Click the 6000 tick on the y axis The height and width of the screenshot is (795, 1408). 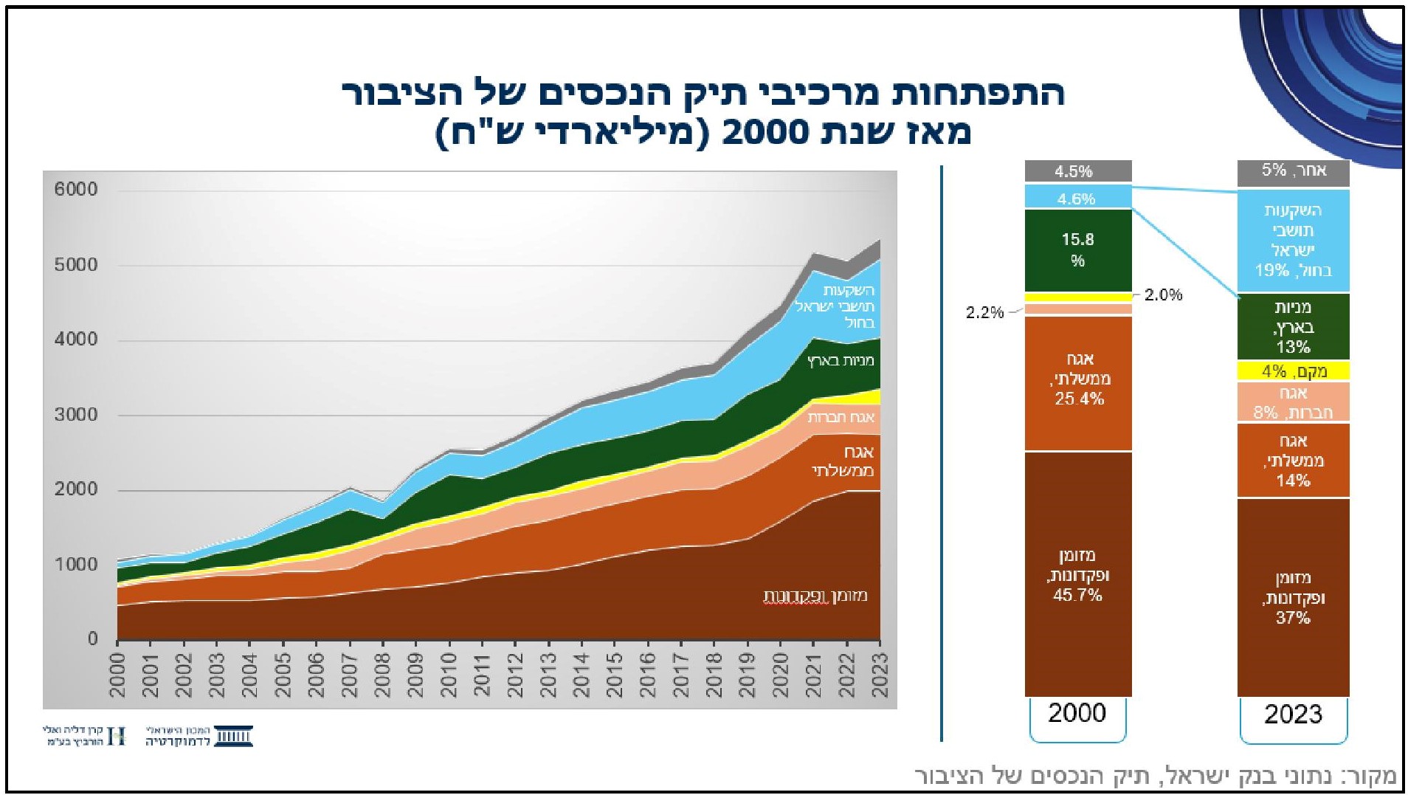pyautogui.click(x=76, y=190)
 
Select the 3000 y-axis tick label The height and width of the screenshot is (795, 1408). pyautogui.click(x=76, y=415)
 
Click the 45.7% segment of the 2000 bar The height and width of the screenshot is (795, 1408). pyautogui.click(x=1077, y=574)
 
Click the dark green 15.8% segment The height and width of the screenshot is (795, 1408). pyautogui.click(x=1078, y=250)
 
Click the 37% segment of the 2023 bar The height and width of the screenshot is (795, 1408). pyautogui.click(x=1293, y=597)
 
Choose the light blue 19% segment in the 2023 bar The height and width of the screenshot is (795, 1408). pyautogui.click(x=1293, y=241)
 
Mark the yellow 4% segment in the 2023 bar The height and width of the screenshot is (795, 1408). pyautogui.click(x=1293, y=371)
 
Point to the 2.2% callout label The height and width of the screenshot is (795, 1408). pyautogui.click(x=984, y=313)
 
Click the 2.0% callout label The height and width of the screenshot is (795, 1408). pyautogui.click(x=1164, y=295)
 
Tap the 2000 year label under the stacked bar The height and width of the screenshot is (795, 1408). pyautogui.click(x=1077, y=713)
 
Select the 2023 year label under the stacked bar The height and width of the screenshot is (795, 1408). pyautogui.click(x=1293, y=715)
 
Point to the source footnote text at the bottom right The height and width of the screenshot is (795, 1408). pyautogui.click(x=1155, y=776)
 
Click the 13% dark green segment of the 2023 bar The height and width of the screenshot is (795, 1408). pyautogui.click(x=1293, y=327)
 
